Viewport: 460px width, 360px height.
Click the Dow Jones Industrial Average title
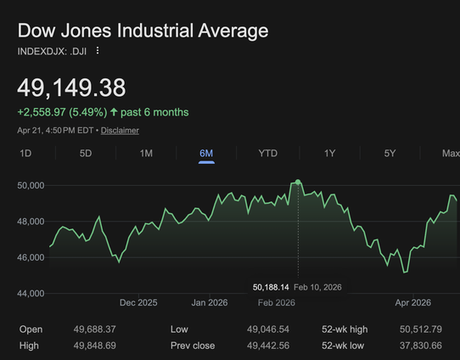coord(143,31)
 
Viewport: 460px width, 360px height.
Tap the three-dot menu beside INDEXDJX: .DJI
coord(98,51)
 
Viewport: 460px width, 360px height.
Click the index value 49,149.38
coord(71,87)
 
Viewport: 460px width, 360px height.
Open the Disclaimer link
coord(121,131)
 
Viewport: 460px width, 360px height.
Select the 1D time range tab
coord(25,153)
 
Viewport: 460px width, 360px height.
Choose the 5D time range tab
coord(86,153)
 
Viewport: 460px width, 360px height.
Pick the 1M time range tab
coord(146,153)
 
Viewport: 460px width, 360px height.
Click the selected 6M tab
coord(206,153)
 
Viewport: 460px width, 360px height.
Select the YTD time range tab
coord(267,153)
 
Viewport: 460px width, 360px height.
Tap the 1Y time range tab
coord(329,153)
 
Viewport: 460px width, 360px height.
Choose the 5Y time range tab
coord(390,153)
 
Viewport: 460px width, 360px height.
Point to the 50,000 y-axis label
coord(31,185)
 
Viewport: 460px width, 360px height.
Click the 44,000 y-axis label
coord(31,294)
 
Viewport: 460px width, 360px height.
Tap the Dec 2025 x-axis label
coord(138,302)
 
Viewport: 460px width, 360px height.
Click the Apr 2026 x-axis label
coord(413,302)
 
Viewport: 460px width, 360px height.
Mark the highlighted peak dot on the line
coord(298,182)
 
